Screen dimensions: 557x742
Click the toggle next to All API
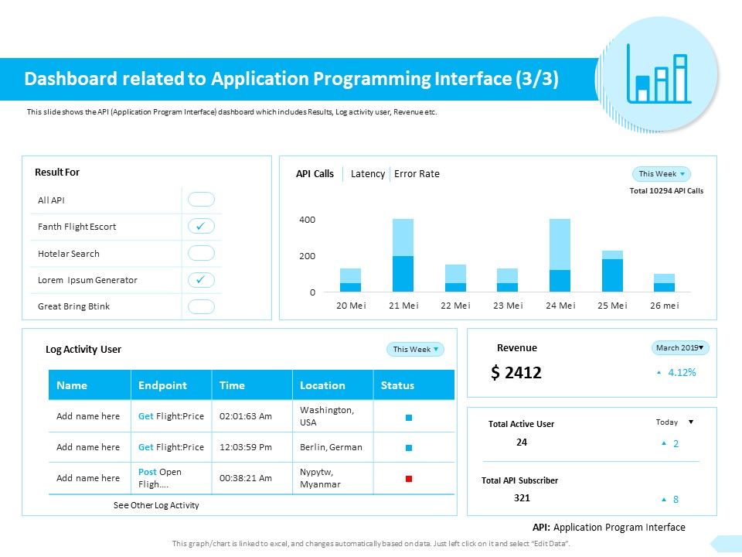click(201, 200)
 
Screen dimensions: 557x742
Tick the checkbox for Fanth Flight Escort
click(201, 227)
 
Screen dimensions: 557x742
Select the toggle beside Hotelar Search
click(201, 253)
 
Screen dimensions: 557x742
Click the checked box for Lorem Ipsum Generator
click(201, 279)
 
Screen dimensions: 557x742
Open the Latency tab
click(367, 174)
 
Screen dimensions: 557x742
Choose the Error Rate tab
click(417, 174)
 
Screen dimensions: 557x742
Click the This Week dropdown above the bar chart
click(661, 174)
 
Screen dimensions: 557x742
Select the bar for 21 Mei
click(403, 255)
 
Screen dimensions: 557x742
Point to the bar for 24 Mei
click(560, 255)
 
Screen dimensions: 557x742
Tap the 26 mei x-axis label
click(664, 306)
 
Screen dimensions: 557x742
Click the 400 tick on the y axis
click(308, 220)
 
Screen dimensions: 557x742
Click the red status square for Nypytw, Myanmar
click(409, 479)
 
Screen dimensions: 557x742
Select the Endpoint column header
click(162, 385)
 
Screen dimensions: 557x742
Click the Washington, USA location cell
click(327, 416)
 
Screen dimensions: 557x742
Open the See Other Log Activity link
click(156, 505)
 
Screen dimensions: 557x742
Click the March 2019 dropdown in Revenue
click(680, 348)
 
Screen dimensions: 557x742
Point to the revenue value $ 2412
click(516, 373)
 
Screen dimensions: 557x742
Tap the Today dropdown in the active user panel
click(674, 422)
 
